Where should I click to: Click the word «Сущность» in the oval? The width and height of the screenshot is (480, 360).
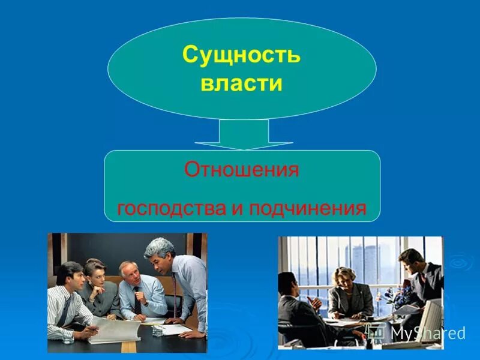[x=241, y=55]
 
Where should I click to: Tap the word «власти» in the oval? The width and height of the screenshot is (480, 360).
[x=241, y=83]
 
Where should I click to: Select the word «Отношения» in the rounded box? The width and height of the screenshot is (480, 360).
[x=241, y=170]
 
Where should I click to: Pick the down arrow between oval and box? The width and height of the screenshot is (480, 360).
[x=244, y=134]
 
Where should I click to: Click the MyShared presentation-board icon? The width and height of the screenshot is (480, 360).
[x=376, y=332]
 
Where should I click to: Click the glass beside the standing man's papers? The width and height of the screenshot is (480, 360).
[x=158, y=331]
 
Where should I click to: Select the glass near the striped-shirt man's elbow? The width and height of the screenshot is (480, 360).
[x=67, y=337]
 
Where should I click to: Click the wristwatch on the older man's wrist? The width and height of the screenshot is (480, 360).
[x=146, y=303]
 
